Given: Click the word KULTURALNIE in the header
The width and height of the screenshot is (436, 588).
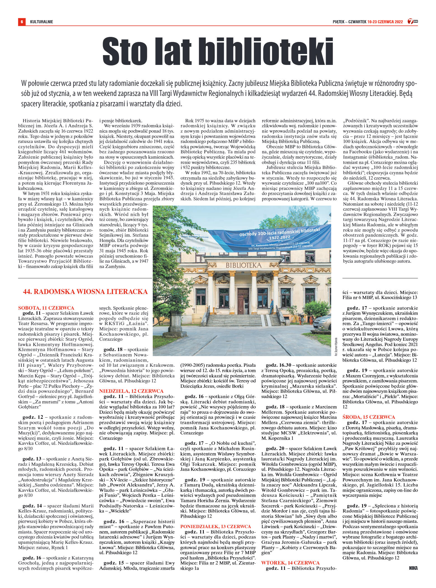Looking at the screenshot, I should (41, 22).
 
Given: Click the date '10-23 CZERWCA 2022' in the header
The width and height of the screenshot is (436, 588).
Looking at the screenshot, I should (385, 22).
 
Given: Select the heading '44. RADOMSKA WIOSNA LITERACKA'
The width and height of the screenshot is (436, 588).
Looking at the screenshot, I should (85, 292).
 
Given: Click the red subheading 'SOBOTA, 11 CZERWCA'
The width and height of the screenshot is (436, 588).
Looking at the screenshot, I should (46, 308).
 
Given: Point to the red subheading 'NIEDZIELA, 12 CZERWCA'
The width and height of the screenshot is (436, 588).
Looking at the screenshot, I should (131, 391).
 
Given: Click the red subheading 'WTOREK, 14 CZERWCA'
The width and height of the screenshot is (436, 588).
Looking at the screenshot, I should (290, 563).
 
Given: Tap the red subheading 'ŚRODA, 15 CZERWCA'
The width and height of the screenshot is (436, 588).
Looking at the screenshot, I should (369, 417).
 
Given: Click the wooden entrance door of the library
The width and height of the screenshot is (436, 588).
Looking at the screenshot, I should (243, 301).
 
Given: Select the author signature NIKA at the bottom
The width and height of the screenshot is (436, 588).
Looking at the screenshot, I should (413, 568).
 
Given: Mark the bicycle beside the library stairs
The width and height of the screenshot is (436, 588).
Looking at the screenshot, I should (301, 319).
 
